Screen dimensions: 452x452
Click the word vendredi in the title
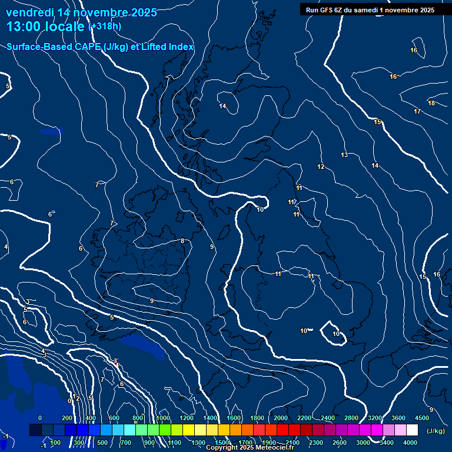29,12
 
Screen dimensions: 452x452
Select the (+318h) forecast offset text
105,26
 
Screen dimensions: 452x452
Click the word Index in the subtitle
180,47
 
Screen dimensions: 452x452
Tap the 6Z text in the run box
340,9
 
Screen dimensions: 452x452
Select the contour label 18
431,104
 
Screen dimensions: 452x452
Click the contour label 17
417,111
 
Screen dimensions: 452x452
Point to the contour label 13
344,155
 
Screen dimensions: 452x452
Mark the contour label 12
321,167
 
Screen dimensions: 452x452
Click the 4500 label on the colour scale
422,418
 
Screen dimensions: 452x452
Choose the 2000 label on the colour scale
281,418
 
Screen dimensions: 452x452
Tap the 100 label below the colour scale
56,443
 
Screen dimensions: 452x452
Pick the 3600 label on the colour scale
398,418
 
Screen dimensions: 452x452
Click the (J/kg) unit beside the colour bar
436,431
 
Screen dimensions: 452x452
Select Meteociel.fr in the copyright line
274,448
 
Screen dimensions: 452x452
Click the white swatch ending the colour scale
412,430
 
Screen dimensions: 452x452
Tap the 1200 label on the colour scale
187,418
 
